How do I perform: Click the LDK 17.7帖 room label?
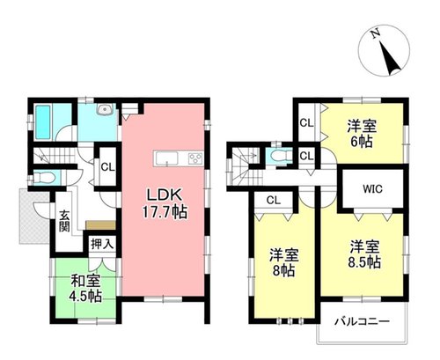(165, 203)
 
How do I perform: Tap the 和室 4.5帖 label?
(85, 289)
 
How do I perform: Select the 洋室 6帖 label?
(362, 134)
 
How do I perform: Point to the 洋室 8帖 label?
(283, 263)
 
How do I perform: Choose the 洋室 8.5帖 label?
(364, 254)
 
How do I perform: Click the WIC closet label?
(372, 189)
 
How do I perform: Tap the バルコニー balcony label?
(363, 321)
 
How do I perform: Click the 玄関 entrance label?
(64, 221)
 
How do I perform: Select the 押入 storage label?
(102, 244)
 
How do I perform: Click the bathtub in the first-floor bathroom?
(43, 122)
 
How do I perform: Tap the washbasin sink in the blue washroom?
(104, 109)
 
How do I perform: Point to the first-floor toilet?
(43, 178)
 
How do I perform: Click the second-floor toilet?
(279, 156)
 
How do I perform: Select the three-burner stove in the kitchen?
(195, 159)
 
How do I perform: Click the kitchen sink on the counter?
(166, 159)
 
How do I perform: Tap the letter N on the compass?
(375, 34)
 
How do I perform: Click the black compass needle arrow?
(390, 58)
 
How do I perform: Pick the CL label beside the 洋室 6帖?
(306, 123)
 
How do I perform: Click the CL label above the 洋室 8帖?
(274, 200)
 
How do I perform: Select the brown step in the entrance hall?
(100, 225)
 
